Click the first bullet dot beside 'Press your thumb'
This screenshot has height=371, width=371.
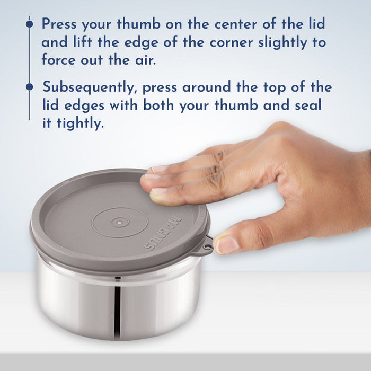[30, 24]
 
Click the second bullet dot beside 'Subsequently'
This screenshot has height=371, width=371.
[30, 87]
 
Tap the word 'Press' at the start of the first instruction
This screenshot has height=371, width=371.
[59, 24]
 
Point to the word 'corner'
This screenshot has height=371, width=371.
[232, 43]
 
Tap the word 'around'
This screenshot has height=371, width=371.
[207, 87]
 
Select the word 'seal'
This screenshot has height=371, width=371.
[308, 105]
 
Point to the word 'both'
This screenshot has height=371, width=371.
[159, 105]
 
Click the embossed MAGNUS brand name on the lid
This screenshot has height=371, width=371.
[163, 233]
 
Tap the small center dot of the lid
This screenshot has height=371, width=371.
[120, 222]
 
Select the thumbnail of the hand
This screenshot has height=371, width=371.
[227, 245]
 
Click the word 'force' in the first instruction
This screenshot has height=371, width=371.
[59, 59]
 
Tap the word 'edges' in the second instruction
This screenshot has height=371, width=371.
[84, 105]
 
